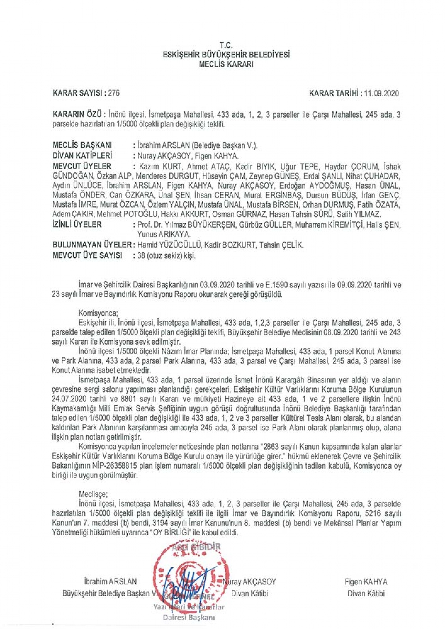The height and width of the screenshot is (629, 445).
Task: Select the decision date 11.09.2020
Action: (381, 93)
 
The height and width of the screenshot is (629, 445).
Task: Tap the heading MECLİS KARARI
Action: (226, 65)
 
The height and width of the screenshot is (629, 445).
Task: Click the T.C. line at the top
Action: (226, 46)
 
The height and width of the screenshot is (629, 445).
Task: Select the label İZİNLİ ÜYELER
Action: (77, 225)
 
